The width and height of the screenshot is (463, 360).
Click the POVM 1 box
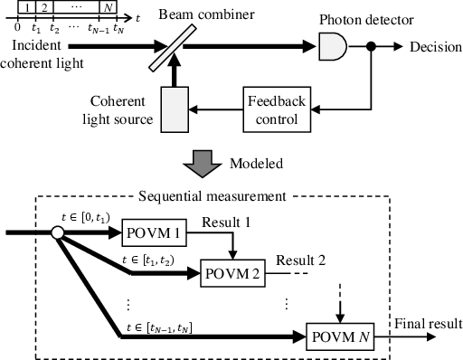point(154,232)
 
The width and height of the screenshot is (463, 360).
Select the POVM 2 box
point(232,273)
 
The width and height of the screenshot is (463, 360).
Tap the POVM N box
point(340,336)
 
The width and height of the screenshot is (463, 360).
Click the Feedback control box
point(277,109)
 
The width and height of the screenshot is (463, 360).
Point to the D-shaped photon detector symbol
point(333,46)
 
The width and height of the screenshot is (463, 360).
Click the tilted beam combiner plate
point(173,48)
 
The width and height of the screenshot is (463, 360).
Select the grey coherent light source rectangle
point(175,109)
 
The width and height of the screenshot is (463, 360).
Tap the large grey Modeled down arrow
point(202,164)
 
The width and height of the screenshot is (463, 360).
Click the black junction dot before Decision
point(371,46)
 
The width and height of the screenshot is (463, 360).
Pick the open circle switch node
point(57,232)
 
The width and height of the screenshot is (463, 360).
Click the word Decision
point(436,47)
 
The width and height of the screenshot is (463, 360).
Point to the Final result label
point(429,324)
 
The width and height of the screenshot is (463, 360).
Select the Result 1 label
point(226,223)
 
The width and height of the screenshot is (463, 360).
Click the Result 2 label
point(301,261)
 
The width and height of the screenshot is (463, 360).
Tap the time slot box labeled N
point(108,7)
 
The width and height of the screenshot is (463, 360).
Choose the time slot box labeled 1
point(27,7)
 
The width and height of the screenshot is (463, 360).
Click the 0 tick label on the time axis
point(17,27)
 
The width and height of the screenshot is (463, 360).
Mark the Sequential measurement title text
point(212,196)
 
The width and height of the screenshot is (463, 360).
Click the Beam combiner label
point(206,14)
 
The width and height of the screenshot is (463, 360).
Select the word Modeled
point(256,164)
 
